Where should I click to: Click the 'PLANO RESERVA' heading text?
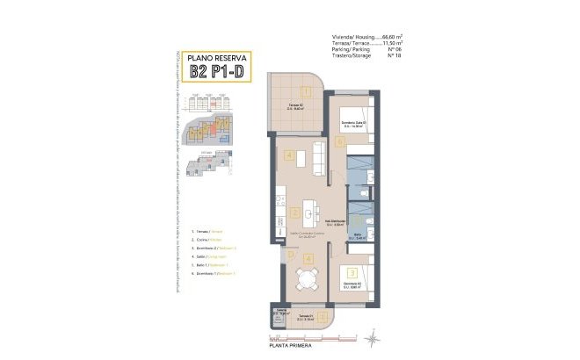pos(219,59)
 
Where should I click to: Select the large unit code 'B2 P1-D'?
pos(219,73)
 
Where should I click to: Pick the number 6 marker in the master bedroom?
pos(338,140)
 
